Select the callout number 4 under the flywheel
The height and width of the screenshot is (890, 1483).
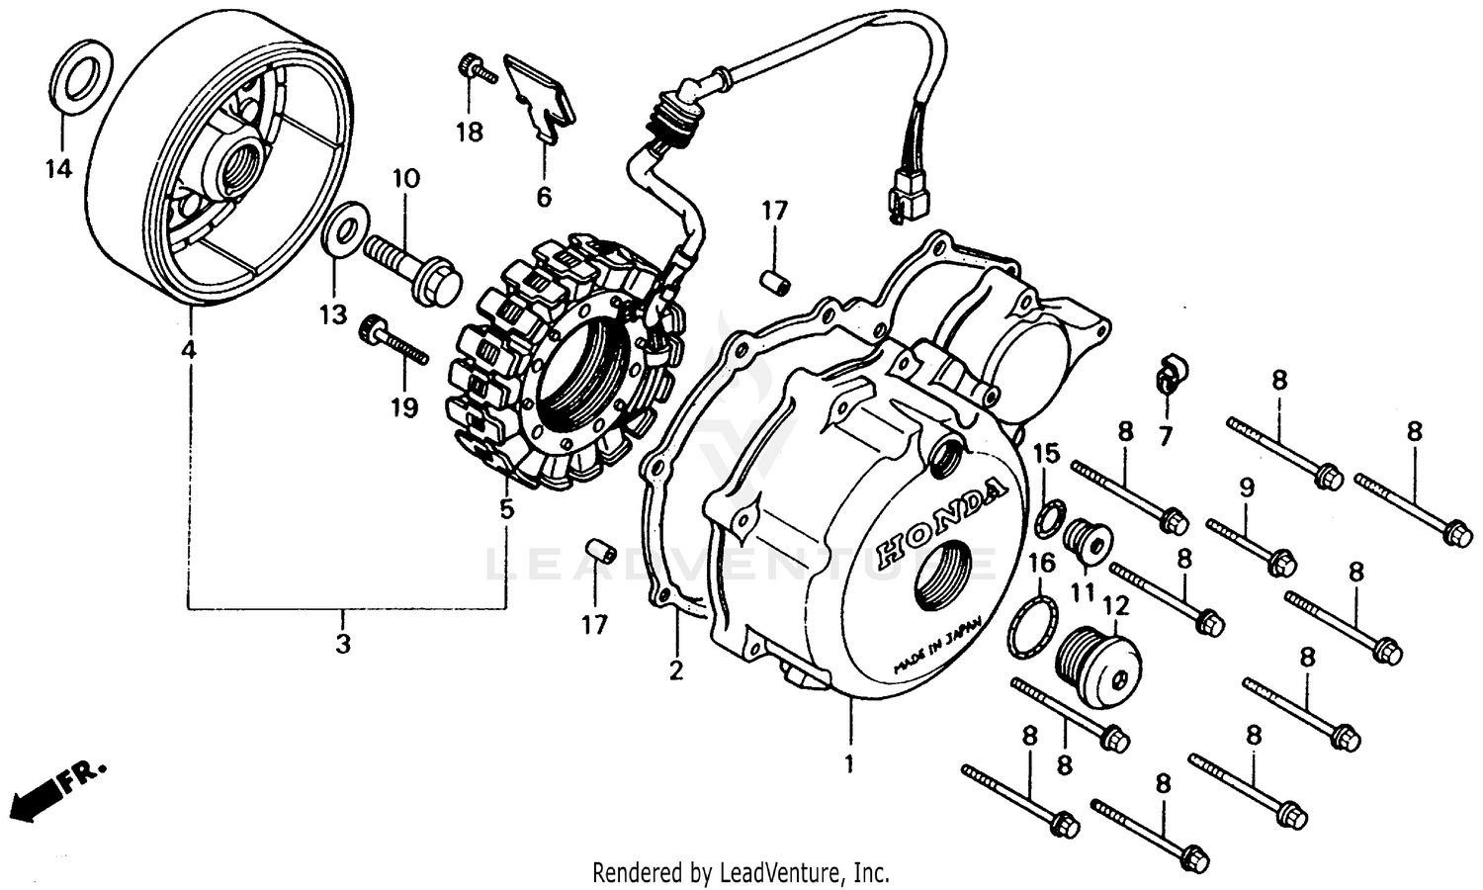pos(189,349)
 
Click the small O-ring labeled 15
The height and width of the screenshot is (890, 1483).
pos(1050,517)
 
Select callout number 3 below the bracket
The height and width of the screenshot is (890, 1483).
pos(342,645)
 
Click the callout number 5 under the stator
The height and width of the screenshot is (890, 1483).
pos(506,509)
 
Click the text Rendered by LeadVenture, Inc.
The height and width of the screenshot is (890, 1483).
pos(741,872)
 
